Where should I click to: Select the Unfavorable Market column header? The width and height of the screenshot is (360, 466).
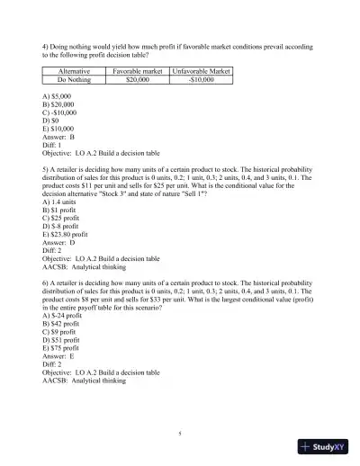[202, 70]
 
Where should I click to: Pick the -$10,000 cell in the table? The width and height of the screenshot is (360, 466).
[202, 79]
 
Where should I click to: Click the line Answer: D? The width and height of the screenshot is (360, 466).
[61, 247]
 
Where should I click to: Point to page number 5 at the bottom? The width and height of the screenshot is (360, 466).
[180, 435]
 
